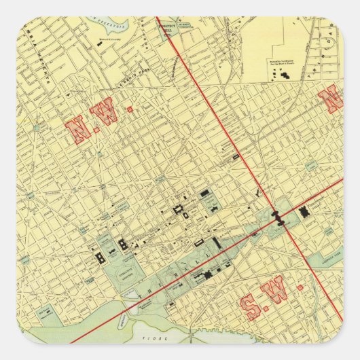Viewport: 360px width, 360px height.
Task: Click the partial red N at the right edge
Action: [x=334, y=100]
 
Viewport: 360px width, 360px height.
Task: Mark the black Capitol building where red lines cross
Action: [x=278, y=217]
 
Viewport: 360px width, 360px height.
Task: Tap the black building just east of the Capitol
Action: [x=305, y=213]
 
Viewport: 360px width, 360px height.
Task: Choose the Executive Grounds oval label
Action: [x=122, y=268]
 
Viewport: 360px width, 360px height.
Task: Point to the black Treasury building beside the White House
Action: [x=124, y=245]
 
